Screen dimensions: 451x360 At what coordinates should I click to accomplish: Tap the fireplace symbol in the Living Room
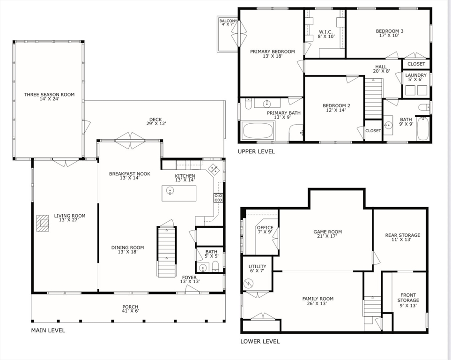coord(43,223)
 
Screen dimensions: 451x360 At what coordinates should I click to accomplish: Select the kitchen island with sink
coord(179,193)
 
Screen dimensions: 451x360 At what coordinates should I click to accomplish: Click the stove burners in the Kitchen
coord(218,197)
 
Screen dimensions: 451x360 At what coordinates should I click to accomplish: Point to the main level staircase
coord(167,252)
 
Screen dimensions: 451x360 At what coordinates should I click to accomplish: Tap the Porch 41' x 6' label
coord(130,309)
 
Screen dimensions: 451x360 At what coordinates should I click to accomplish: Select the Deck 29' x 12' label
coord(156,121)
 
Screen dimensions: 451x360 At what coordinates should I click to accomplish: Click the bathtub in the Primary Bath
coord(258,130)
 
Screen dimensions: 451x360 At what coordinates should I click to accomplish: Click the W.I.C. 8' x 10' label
coord(326,34)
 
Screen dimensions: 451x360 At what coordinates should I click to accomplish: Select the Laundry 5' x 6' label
coord(415,77)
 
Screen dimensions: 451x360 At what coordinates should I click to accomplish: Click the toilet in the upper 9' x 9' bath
coord(423,107)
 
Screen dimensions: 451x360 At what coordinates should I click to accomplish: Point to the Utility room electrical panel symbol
coord(248,284)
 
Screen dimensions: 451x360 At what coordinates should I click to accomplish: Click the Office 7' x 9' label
coord(265,230)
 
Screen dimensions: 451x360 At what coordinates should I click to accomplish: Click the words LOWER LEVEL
coord(260,342)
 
